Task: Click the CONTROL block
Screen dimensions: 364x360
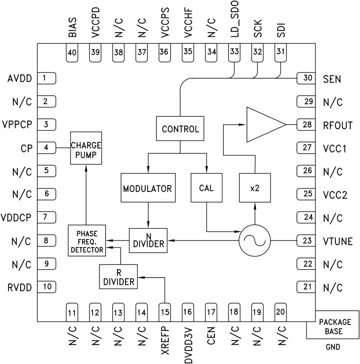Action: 180,129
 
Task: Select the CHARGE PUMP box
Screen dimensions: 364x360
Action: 86,148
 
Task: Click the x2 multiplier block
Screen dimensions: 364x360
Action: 254,188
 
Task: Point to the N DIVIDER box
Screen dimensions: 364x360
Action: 147,239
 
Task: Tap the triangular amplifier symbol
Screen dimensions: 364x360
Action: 264,124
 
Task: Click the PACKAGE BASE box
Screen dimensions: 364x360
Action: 333,325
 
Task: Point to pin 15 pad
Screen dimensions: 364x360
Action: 164,312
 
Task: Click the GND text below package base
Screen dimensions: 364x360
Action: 332,348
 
